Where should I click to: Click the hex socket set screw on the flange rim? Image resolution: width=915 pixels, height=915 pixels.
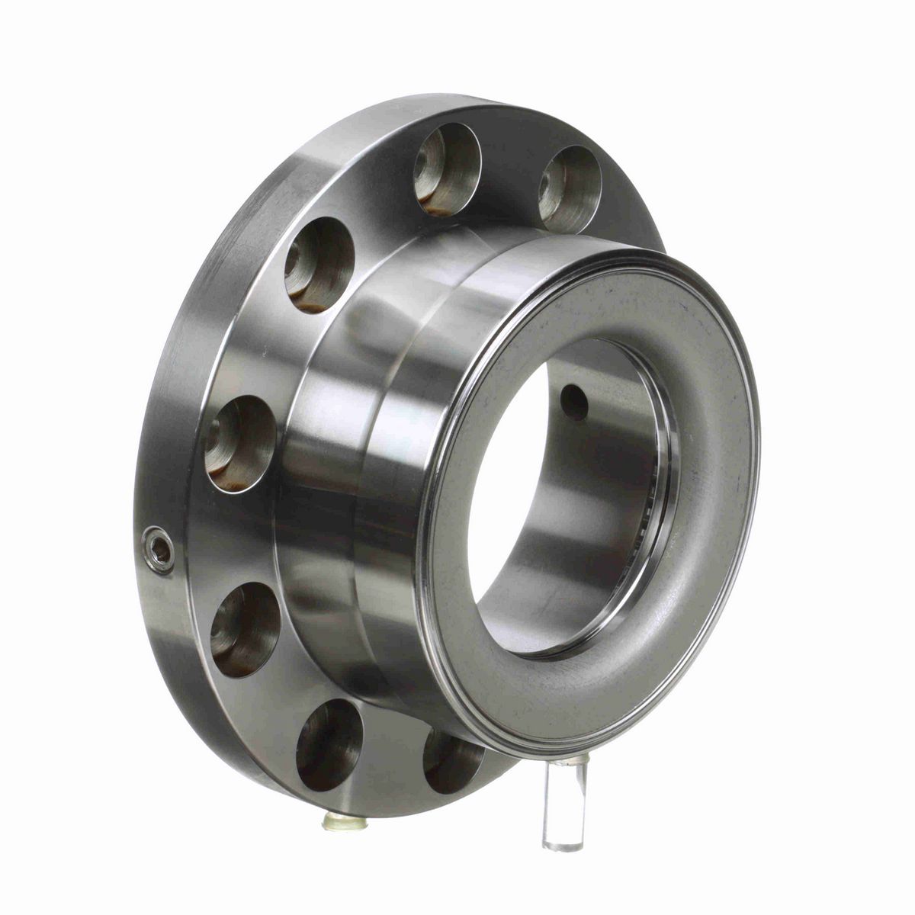coord(156,544)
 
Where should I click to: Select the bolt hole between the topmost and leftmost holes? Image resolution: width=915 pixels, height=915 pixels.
coord(319,263)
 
